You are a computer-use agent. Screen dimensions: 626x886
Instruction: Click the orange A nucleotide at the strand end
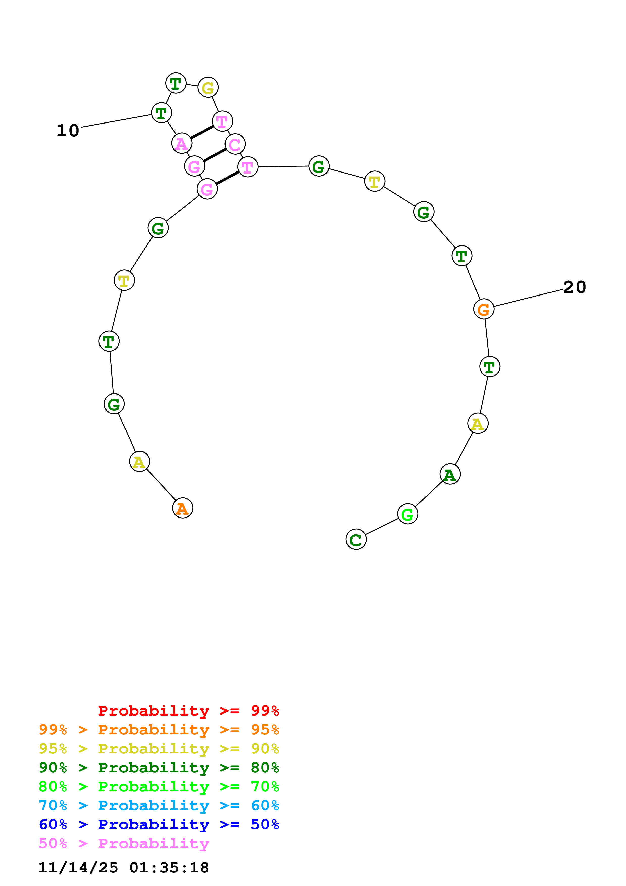(182, 508)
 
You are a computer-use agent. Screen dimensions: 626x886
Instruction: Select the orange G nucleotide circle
(484, 309)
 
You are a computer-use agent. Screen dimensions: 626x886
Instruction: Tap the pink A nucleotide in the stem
(182, 143)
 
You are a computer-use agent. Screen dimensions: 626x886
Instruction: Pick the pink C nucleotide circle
(235, 144)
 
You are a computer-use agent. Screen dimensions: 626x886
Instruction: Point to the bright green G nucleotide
(408, 514)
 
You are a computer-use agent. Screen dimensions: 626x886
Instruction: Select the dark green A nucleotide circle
(450, 474)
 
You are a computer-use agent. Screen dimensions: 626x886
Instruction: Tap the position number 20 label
(574, 287)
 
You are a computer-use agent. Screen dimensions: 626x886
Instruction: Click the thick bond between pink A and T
(202, 132)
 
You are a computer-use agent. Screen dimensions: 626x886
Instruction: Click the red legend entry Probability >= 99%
(188, 711)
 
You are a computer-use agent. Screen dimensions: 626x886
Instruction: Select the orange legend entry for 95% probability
(159, 730)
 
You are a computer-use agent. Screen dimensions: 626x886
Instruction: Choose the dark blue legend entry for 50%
(159, 825)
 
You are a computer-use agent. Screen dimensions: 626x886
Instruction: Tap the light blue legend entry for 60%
(159, 806)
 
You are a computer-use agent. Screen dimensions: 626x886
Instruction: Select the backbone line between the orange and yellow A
(161, 485)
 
